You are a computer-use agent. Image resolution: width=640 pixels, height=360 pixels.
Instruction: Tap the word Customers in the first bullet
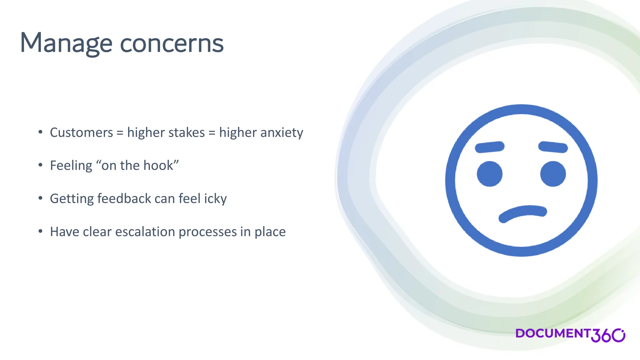(81, 132)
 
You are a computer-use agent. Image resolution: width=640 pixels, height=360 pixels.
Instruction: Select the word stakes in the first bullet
(186, 132)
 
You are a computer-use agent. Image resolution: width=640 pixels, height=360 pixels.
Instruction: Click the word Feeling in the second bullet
(71, 166)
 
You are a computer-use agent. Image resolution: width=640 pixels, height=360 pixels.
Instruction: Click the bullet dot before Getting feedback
(40, 198)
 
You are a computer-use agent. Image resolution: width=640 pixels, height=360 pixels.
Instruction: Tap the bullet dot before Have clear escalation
(40, 231)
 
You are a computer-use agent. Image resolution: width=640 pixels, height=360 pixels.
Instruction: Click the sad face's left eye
(489, 174)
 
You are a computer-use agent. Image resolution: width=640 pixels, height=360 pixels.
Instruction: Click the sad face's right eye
(553, 174)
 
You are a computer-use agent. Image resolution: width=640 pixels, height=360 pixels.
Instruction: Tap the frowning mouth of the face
(522, 213)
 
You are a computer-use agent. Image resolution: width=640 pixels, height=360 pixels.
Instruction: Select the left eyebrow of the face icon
(489, 147)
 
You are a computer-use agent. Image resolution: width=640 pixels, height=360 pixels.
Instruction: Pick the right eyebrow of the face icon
(553, 147)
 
